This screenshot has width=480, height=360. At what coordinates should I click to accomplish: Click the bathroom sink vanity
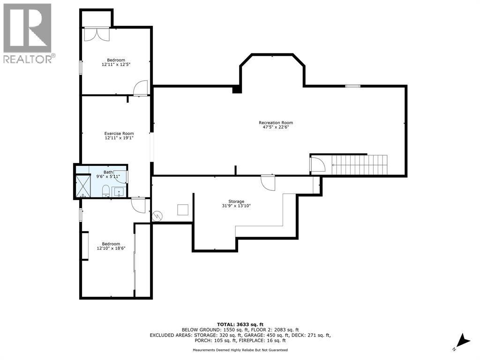pos(119,192)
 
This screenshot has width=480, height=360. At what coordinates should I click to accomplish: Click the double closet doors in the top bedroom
pos(97,35)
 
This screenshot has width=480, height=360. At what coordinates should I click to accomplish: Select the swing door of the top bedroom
pos(141,89)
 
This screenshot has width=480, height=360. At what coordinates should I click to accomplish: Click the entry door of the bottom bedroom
pos(139,205)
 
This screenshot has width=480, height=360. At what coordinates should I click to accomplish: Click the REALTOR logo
pos(28,33)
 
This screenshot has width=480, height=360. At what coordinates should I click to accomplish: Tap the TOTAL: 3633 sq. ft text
pos(240,324)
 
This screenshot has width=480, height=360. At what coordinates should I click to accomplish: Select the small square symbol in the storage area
pos(183,210)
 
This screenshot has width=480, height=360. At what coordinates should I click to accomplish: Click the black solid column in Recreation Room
pos(237,89)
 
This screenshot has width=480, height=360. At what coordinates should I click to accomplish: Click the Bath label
pos(108,172)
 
